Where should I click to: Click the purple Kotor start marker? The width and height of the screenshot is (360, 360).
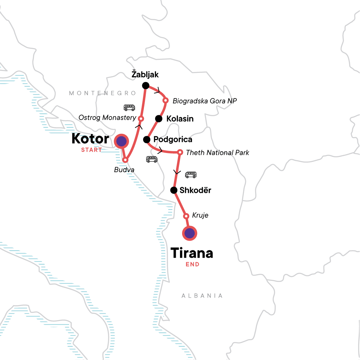point(121,141)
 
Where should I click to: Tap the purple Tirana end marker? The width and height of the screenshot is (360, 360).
point(189,233)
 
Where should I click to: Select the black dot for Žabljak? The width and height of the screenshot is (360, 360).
point(145,86)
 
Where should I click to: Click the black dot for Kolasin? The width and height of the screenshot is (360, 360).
point(159,118)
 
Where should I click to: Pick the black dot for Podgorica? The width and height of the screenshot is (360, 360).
point(147,139)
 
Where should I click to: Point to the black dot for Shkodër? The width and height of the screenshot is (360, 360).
point(174,190)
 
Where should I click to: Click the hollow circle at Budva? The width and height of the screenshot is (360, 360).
point(125,160)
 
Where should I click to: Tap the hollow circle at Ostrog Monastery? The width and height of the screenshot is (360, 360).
point(140,118)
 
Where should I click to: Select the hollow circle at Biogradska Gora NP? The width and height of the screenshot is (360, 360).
point(165,100)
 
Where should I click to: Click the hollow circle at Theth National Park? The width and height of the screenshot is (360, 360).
point(180,152)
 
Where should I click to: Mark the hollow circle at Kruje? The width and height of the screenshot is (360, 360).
point(186,216)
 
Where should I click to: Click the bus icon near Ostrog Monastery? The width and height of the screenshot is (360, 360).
point(129,107)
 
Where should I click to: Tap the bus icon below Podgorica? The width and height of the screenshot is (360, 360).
point(152,159)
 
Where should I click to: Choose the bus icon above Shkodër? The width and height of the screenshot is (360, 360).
point(191,175)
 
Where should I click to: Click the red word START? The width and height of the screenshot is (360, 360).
point(91,150)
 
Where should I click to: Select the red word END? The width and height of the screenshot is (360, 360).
point(192,264)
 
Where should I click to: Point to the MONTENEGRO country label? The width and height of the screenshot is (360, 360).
point(103,93)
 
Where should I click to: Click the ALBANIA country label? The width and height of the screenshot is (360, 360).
point(202,296)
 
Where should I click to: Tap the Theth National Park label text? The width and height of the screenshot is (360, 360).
point(217,153)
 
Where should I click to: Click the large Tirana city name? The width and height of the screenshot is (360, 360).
point(192,253)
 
